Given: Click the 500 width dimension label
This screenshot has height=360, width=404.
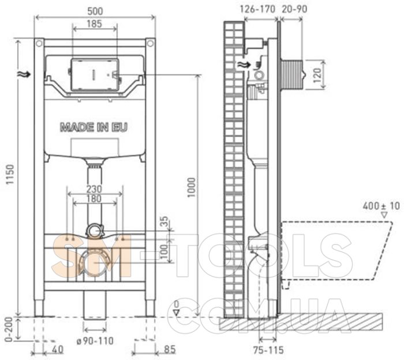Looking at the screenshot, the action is (95, 11).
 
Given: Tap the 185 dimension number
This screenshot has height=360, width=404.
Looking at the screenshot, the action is (94, 24).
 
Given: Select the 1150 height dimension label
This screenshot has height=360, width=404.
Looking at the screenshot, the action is (10, 174).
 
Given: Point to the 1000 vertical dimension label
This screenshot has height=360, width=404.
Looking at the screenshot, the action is (192, 187).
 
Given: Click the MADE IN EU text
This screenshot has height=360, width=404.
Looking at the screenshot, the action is (93, 127).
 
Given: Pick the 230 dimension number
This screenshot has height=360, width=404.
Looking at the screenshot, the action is (94, 189).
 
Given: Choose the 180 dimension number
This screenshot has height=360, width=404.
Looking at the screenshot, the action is (94, 198).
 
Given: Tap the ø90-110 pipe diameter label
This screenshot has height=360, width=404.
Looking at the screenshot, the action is (95, 341).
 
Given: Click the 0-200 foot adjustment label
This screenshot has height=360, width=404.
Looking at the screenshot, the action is (9, 329).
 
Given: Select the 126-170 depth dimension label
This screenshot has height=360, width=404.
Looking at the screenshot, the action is (257, 9).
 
